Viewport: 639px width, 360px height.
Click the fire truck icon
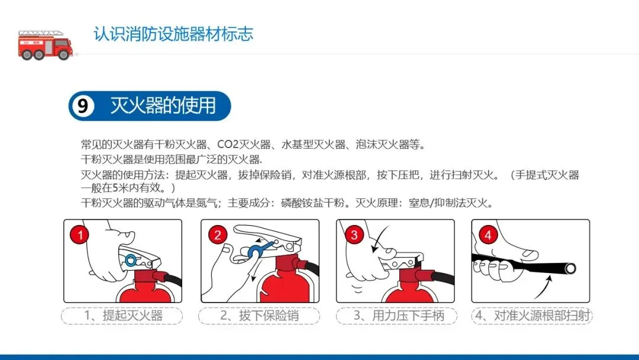pyautogui.click(x=46, y=45)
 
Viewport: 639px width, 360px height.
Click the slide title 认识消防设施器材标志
pyautogui.click(x=173, y=34)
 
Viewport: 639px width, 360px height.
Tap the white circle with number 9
pyautogui.click(x=83, y=106)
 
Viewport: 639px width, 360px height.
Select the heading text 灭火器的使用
pyautogui.click(x=163, y=105)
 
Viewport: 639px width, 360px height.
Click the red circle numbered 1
pyautogui.click(x=80, y=234)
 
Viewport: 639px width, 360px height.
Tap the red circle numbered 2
pyautogui.click(x=218, y=234)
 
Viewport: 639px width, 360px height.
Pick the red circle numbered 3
pyautogui.click(x=354, y=234)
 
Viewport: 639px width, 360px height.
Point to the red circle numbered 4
pyautogui.click(x=488, y=234)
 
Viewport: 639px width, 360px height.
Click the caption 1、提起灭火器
pyautogui.click(x=123, y=316)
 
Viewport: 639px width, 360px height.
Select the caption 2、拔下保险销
pyautogui.click(x=260, y=316)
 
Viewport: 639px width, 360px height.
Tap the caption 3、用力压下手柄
pyautogui.click(x=399, y=316)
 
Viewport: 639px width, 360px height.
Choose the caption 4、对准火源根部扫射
pyautogui.click(x=532, y=316)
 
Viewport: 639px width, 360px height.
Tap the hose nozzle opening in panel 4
pyautogui.click(x=570, y=268)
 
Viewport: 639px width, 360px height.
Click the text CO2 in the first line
pyautogui.click(x=228, y=144)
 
